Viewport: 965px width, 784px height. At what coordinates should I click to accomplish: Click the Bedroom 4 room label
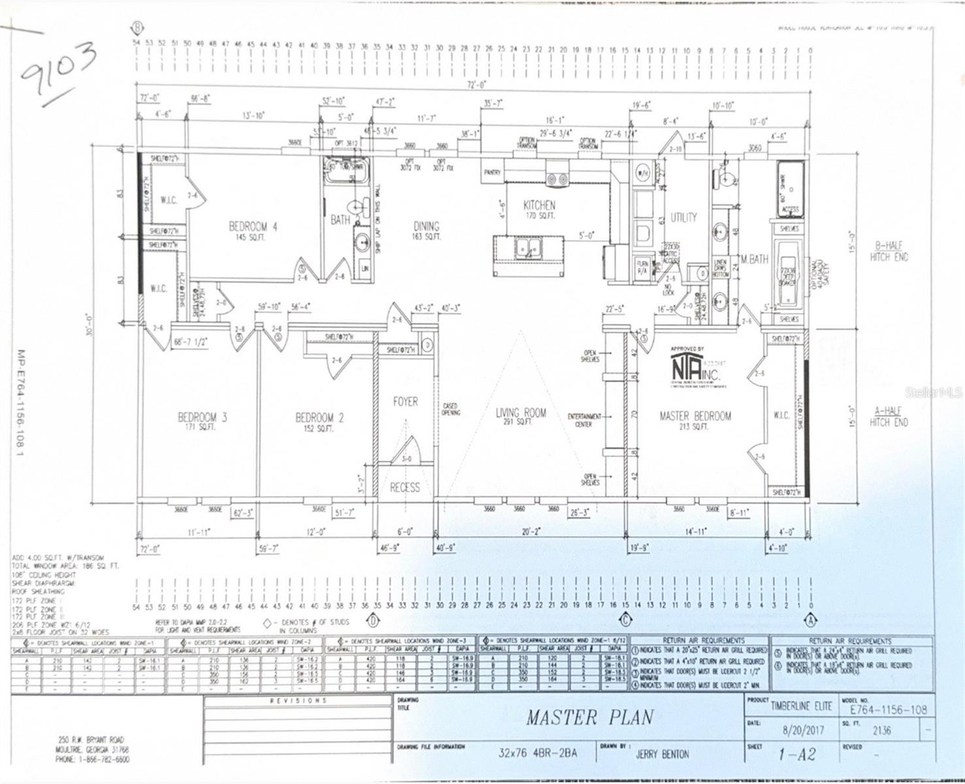point(253,227)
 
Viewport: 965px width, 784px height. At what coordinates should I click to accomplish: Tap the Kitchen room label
point(539,206)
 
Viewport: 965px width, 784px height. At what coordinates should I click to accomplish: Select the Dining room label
point(426,227)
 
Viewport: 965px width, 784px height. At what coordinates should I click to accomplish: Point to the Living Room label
point(521,413)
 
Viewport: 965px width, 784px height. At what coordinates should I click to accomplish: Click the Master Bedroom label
point(695,416)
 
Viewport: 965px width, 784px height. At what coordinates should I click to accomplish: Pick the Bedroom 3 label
point(203,417)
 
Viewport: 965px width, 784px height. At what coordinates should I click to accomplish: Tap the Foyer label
point(405,402)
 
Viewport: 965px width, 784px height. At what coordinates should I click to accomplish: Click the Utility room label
point(683,218)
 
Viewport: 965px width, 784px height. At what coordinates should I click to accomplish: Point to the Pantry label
point(492,172)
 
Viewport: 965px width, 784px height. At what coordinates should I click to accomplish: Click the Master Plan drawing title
point(589,717)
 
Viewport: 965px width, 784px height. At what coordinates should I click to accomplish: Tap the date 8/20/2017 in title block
point(803,730)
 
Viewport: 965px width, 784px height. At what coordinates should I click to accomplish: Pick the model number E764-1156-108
point(887,710)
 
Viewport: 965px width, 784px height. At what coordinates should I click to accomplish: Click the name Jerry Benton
point(662,754)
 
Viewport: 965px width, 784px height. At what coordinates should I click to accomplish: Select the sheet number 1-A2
point(796,755)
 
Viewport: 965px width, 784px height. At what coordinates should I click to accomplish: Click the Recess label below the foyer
point(405,487)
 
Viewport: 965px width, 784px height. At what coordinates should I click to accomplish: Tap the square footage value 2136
point(881,730)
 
